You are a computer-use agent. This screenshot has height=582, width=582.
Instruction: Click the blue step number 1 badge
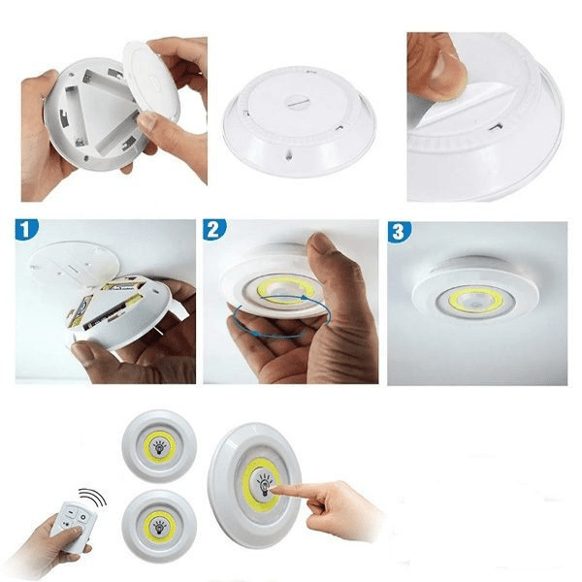pos(27,229)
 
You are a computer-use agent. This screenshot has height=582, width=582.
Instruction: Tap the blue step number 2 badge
pos(214,229)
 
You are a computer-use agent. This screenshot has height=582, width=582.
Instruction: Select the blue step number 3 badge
pos(399,232)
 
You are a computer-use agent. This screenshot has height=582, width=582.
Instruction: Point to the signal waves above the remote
pos(93,497)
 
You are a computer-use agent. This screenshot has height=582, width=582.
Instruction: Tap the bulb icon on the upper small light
pos(160,447)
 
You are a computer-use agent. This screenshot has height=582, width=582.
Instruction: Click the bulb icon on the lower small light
pos(159,527)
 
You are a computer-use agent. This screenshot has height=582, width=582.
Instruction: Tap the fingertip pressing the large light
pos(275,491)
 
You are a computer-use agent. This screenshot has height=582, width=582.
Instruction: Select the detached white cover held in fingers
pos(150,80)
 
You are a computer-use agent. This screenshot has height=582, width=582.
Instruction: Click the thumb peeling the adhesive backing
pos(438,73)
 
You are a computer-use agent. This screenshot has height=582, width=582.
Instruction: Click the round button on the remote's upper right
pos(83,517)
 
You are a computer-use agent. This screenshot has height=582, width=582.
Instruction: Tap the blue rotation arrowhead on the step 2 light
pos(305,297)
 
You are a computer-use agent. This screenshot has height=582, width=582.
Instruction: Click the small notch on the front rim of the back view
pos(289,156)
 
